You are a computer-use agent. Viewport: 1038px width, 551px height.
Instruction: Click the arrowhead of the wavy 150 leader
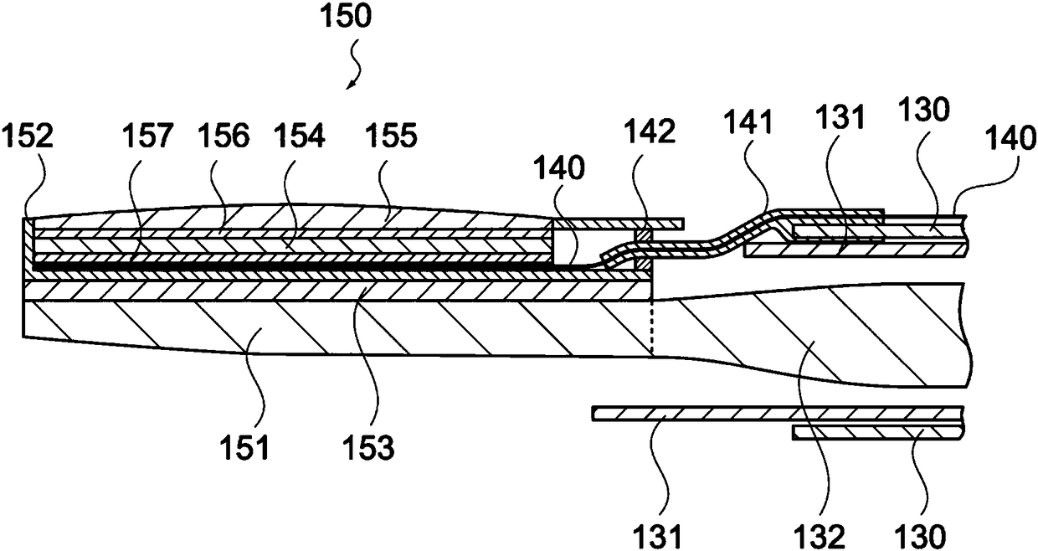tap(352, 85)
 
